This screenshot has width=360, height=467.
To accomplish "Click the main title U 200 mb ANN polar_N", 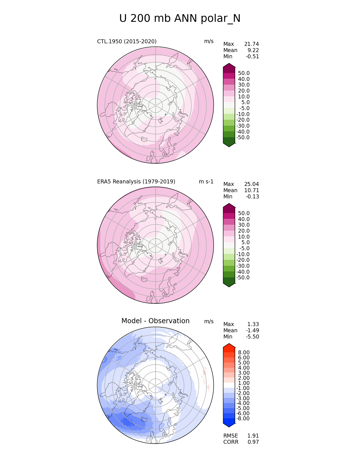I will (x=180, y=19).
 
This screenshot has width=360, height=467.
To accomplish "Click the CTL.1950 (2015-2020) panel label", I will (x=127, y=42).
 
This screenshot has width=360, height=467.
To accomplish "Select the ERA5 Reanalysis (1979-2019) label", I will (x=136, y=182).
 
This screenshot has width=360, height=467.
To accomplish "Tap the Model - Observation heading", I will (x=155, y=321).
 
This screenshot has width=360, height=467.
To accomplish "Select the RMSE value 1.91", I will (x=253, y=436).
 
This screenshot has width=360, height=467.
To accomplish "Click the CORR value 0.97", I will (x=253, y=442).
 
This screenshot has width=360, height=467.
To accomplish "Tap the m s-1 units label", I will (x=206, y=182).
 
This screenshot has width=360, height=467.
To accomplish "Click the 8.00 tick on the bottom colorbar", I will (x=244, y=353).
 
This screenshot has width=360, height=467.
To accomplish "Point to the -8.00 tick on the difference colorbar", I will (x=243, y=419).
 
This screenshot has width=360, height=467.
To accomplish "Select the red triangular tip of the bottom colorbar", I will (x=229, y=346).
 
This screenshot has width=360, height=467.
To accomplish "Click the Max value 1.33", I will (x=253, y=324).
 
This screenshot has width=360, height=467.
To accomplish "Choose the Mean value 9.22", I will (x=253, y=50).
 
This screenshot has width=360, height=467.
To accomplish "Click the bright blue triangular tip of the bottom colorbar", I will (x=229, y=424).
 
